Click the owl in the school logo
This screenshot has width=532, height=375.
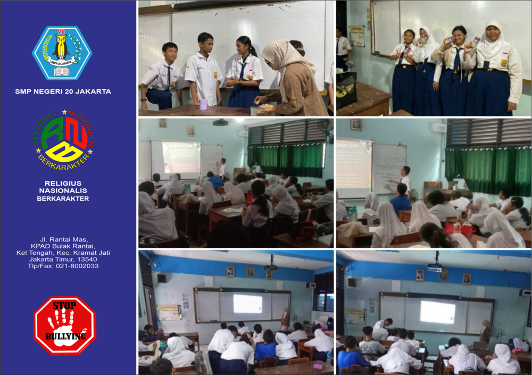point(62,47)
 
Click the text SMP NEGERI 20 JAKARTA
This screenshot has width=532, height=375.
point(63,91)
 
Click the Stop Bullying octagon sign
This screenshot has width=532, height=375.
point(64,326)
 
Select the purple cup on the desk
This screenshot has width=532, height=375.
point(203,104)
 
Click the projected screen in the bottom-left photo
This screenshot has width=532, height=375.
point(247,304)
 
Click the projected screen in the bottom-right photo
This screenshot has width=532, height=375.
point(437,312)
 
